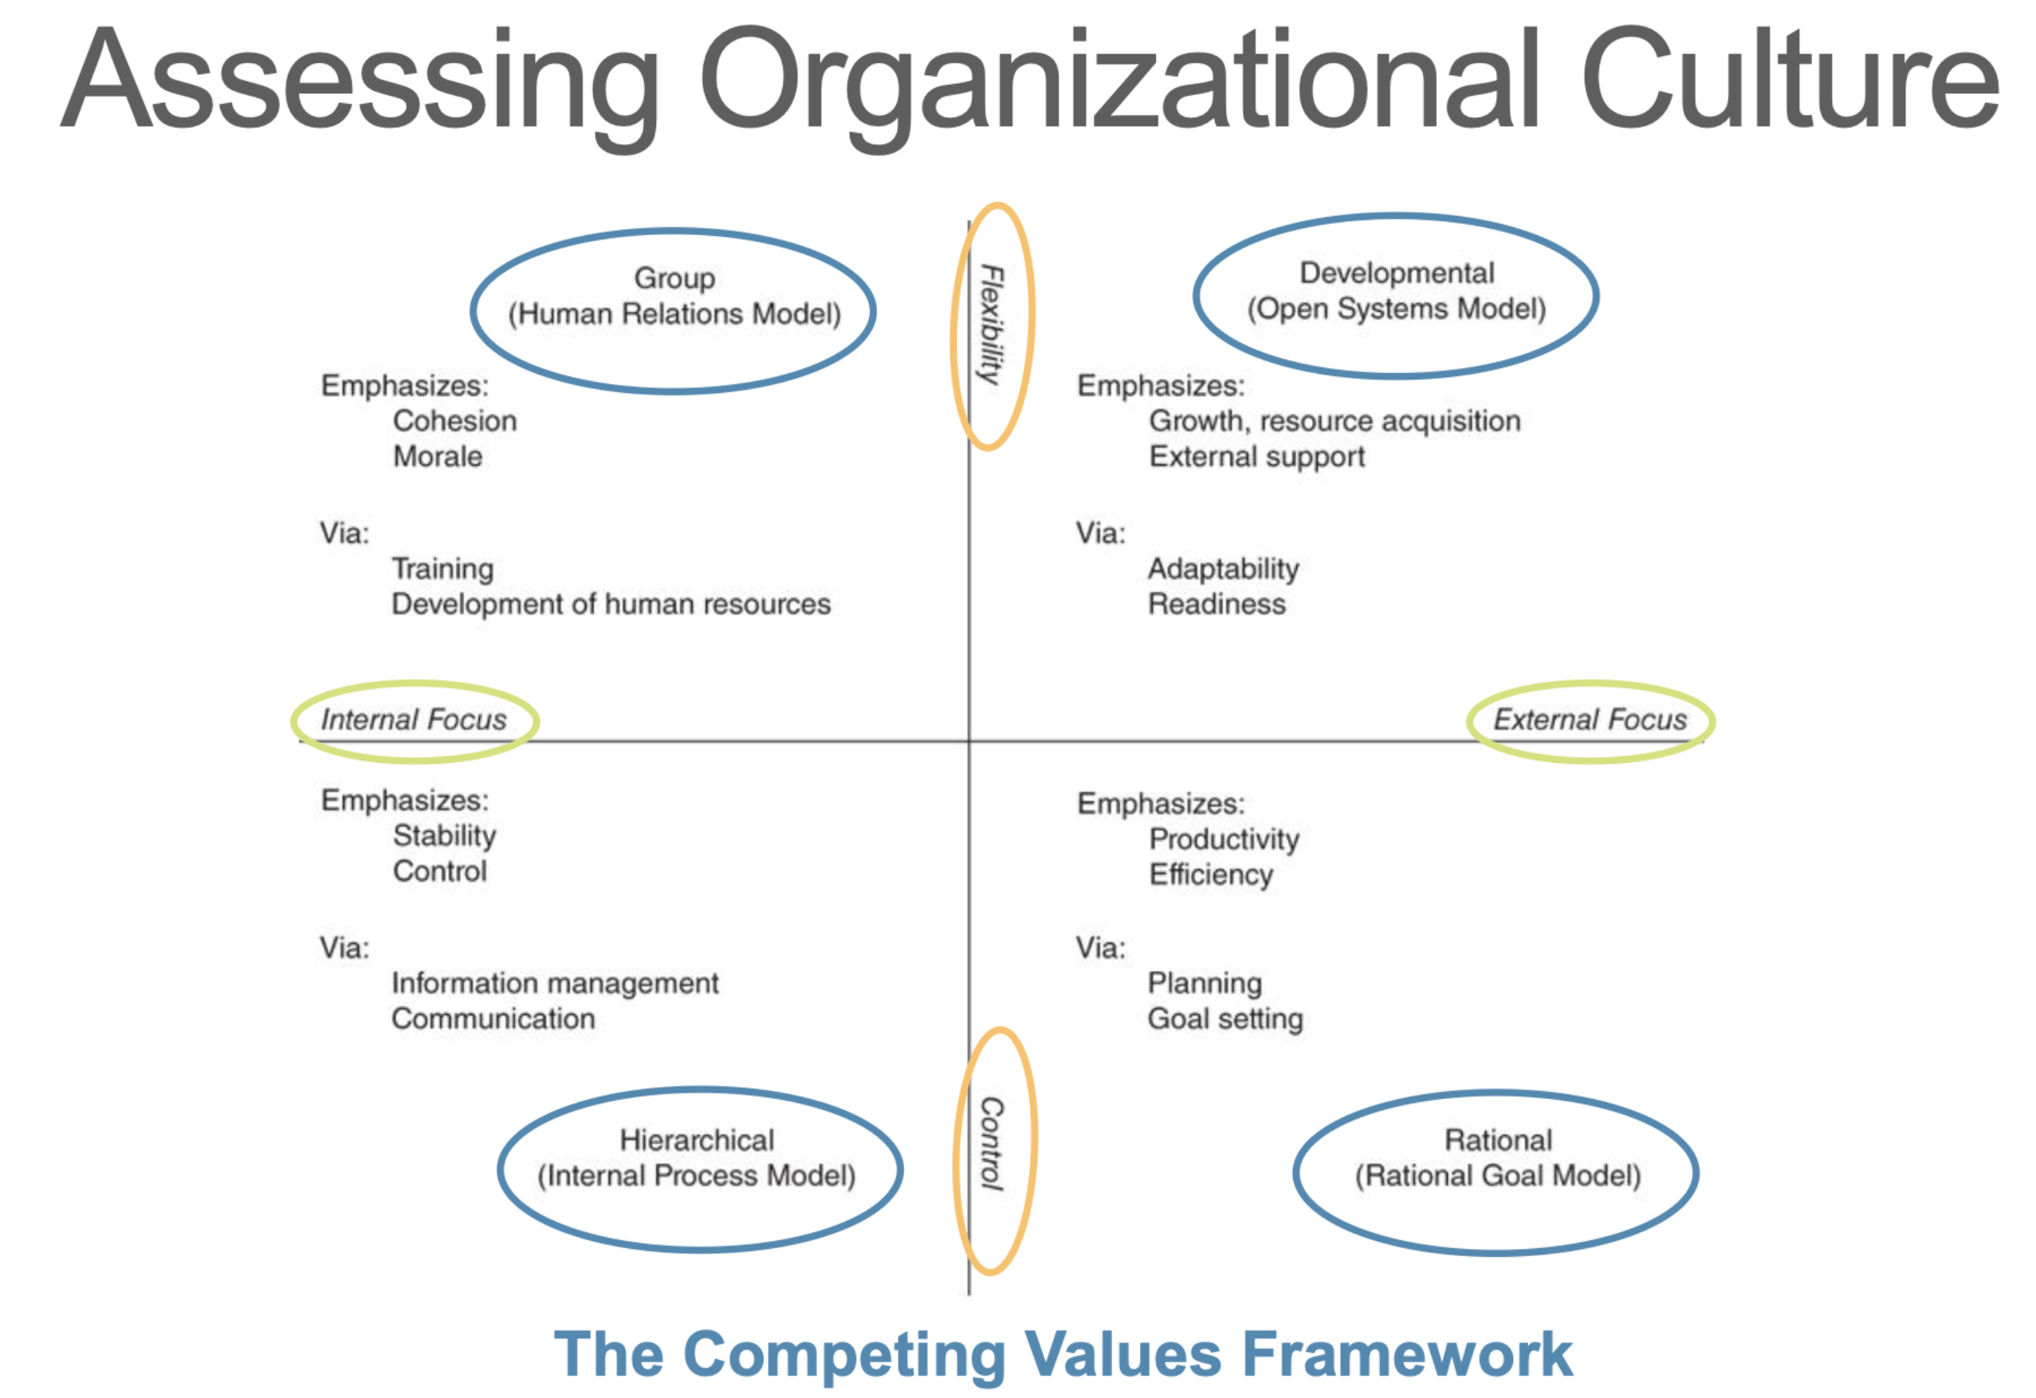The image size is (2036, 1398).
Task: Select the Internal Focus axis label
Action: [x=414, y=720]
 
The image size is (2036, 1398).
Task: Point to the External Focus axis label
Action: [x=1590, y=720]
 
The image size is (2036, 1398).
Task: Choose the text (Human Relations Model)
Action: [x=674, y=313]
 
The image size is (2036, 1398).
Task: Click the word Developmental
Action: [x=1397, y=273]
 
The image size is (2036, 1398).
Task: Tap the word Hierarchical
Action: [x=698, y=1140]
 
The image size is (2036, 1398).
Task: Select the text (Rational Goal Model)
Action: [x=1498, y=1176]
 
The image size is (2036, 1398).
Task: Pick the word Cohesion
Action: [x=454, y=421]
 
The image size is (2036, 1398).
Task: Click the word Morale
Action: [x=438, y=457]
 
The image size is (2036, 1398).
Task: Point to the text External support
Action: [x=1257, y=457]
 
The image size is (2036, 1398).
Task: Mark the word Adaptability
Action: [x=1224, y=569]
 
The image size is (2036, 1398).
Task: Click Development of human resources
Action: [x=611, y=604]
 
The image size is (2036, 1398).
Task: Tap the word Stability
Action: [x=444, y=837]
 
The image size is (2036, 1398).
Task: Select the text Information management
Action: [x=556, y=984]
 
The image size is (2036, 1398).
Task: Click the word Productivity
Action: [x=1224, y=840]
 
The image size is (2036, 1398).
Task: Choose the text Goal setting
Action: [x=1225, y=1019]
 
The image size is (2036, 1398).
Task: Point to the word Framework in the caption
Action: [x=1408, y=1354]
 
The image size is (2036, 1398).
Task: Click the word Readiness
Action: [x=1216, y=604]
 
